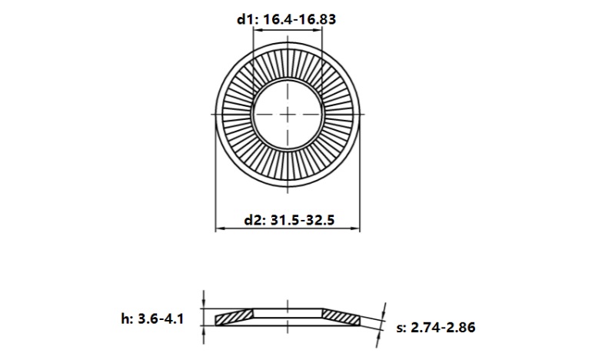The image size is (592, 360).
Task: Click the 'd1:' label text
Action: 246,18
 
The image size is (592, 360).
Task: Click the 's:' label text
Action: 401,328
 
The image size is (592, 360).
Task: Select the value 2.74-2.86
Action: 444,328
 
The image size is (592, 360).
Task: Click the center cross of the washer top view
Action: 288,114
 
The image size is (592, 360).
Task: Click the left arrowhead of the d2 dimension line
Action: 218,229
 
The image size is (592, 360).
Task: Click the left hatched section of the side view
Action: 235,316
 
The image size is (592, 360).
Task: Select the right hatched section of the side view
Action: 340,315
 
